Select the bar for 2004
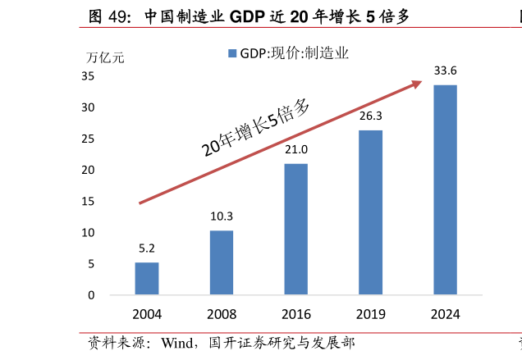[147, 279]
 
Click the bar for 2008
[222, 262]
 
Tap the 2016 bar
[296, 230]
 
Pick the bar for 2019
[371, 212]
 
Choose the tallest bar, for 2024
[446, 189]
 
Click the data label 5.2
[147, 248]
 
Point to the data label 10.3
[222, 216]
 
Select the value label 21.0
[296, 149]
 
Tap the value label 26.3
[371, 116]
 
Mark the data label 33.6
[446, 71]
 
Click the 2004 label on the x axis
[147, 314]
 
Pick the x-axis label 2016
[296, 314]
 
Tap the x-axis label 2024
[446, 314]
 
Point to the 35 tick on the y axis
[88, 76]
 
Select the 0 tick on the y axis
[91, 295]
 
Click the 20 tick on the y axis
[88, 170]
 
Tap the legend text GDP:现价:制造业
[294, 53]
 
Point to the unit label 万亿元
[104, 57]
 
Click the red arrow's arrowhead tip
[421, 80]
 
